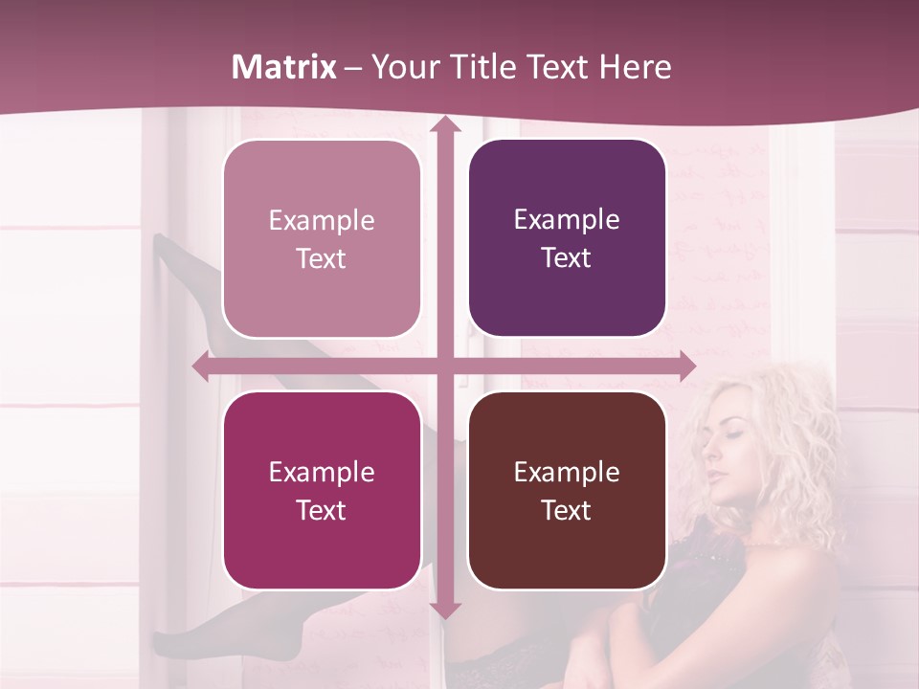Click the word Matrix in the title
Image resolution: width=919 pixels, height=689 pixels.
pyautogui.click(x=284, y=67)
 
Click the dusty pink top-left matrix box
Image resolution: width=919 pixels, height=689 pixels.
pyautogui.click(x=322, y=238)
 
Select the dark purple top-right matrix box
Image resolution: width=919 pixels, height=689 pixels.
pyautogui.click(x=567, y=238)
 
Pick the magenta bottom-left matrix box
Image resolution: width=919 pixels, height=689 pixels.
pyautogui.click(x=322, y=490)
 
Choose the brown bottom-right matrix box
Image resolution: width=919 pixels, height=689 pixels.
pyautogui.click(x=567, y=490)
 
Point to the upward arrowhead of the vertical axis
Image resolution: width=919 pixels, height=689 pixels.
pyautogui.click(x=444, y=124)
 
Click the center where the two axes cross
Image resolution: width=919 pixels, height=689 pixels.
pyautogui.click(x=444, y=367)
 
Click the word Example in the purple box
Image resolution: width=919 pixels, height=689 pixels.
pyautogui.click(x=567, y=220)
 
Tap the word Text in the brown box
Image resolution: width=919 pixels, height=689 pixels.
pyautogui.click(x=567, y=510)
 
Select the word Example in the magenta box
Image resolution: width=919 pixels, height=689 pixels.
pyautogui.click(x=322, y=472)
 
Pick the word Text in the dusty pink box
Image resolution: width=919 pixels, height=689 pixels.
pyautogui.click(x=322, y=258)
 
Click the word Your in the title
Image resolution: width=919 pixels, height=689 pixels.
pyautogui.click(x=401, y=67)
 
